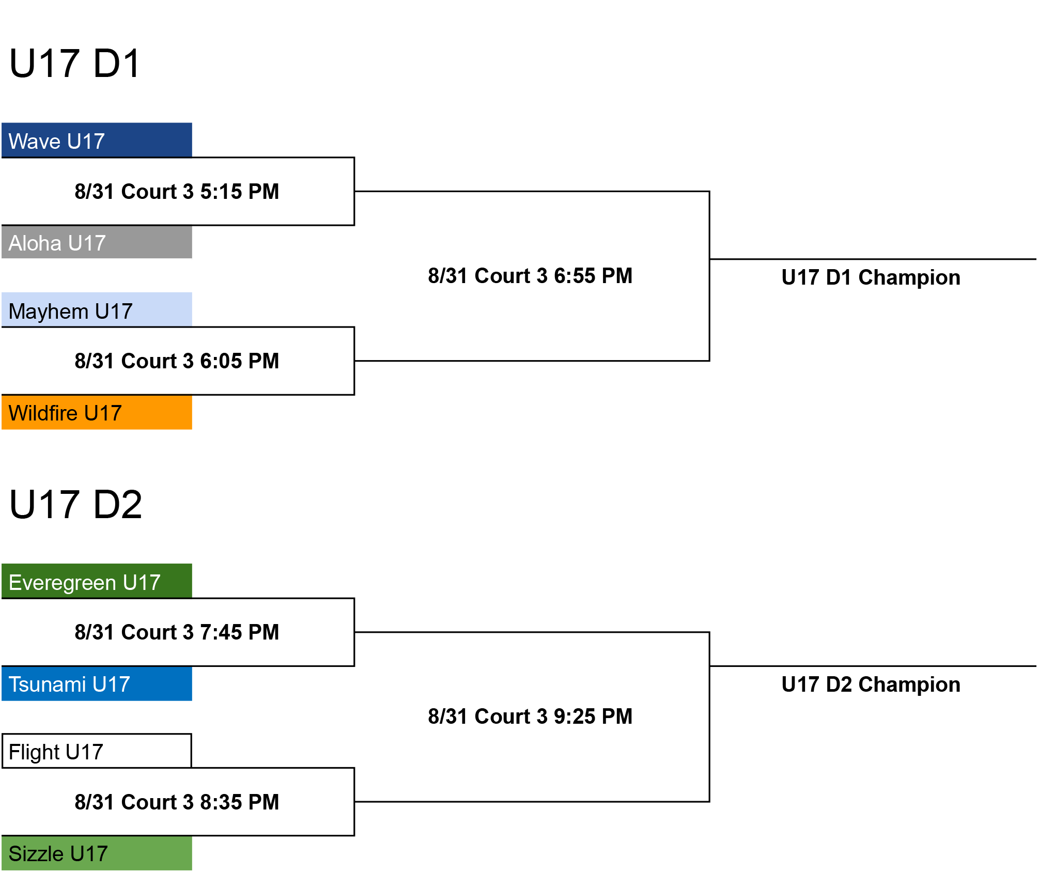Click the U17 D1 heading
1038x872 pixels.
coord(75,64)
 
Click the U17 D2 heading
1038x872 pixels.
coord(75,505)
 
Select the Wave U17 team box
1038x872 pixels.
coord(97,140)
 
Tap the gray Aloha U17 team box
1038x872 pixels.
coord(97,242)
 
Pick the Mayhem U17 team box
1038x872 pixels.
coord(97,309)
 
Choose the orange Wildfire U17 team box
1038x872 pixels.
coord(97,412)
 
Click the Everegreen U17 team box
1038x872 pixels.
coord(97,581)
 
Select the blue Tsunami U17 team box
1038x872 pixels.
coord(97,683)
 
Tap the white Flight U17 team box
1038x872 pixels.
coord(97,751)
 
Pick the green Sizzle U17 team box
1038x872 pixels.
coord(97,853)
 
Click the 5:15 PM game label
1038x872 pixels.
coord(177,192)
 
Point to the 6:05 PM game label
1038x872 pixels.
coord(177,361)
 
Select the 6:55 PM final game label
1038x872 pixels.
coord(530,276)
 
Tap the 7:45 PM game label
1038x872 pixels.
coord(177,632)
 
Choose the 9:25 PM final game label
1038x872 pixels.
coord(530,717)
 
